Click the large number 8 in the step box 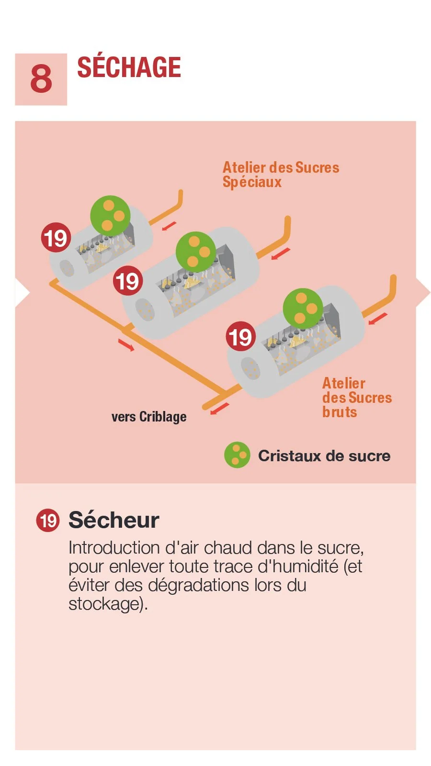(41, 79)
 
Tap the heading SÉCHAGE (129, 67)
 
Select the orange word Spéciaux (252, 182)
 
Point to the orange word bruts (340, 412)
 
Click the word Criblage (163, 417)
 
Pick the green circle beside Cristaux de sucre (237, 455)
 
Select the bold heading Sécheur (113, 520)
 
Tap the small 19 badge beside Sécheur (48, 521)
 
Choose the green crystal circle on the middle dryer (196, 251)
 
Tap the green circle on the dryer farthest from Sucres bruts (110, 215)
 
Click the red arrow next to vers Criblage (220, 408)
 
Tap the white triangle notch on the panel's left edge (22, 292)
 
